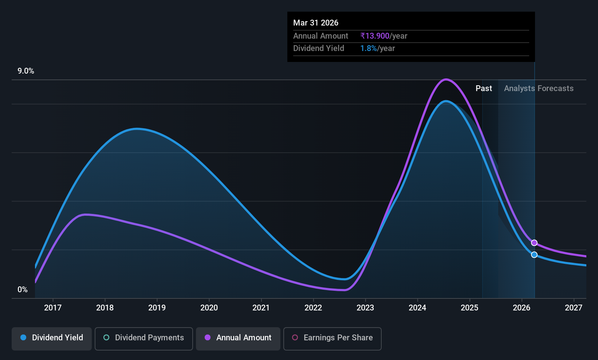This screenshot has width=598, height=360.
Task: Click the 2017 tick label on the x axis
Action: click(x=52, y=308)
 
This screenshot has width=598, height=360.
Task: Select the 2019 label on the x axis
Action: click(x=157, y=308)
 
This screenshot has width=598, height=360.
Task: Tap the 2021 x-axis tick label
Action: click(x=261, y=308)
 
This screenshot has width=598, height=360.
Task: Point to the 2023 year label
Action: click(x=365, y=308)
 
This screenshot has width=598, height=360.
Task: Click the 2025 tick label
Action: click(x=469, y=308)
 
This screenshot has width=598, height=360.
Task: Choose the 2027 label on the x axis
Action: click(x=574, y=308)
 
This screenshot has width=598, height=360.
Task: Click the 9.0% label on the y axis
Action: click(x=26, y=71)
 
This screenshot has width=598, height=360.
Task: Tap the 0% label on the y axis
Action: click(x=23, y=290)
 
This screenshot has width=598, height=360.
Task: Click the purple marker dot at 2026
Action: click(x=534, y=243)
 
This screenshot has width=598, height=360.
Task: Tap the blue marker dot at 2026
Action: click(x=534, y=255)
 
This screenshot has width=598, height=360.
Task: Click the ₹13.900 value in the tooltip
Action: click(x=375, y=36)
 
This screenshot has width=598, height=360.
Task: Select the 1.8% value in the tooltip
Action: click(x=369, y=48)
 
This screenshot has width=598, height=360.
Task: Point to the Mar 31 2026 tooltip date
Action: click(x=315, y=23)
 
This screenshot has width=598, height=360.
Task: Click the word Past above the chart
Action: click(x=484, y=89)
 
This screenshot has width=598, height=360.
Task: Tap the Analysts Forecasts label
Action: click(x=539, y=89)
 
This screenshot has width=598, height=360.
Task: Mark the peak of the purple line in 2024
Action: click(x=446, y=79)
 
